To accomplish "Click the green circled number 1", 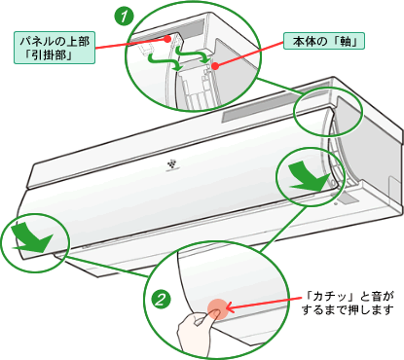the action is point(124,17).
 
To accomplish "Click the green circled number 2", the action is point(162,299).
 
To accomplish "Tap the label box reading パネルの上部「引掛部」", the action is point(55,48).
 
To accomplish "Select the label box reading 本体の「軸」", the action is point(324,41).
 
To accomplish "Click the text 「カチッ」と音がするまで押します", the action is point(349,303).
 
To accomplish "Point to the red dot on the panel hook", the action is point(167,39).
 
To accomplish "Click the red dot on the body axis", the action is point(214,66).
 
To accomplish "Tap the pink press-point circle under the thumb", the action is point(218,309).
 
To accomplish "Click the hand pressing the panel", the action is point(198,331).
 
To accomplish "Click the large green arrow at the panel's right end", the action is point(309,176).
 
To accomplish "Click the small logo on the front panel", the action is point(171,164).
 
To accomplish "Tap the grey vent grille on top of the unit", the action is point(275,103).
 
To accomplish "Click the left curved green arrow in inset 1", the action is point(163,61).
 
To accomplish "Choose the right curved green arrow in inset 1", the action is point(192,54).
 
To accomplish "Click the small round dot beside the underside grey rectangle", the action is point(336,204).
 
